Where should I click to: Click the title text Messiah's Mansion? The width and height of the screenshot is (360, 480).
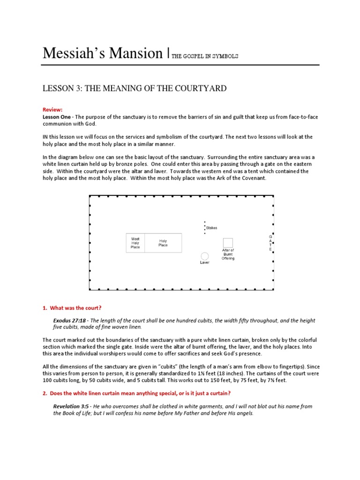click(102, 53)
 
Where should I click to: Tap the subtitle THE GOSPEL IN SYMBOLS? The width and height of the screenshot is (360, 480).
click(205, 56)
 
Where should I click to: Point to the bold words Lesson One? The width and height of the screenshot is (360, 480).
click(58, 116)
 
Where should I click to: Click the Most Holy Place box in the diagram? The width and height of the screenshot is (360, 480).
click(135, 243)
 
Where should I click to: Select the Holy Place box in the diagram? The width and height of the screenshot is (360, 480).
click(163, 243)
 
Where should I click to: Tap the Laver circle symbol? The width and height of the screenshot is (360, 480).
click(205, 256)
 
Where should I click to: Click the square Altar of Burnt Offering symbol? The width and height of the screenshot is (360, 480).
click(228, 242)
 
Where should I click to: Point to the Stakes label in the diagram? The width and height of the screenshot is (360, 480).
click(211, 228)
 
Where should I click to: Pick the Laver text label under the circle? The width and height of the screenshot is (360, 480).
click(205, 262)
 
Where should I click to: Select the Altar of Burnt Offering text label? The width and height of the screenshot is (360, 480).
click(228, 255)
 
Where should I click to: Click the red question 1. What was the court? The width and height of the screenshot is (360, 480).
click(72, 307)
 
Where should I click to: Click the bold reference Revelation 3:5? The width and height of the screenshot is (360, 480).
click(71, 406)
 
